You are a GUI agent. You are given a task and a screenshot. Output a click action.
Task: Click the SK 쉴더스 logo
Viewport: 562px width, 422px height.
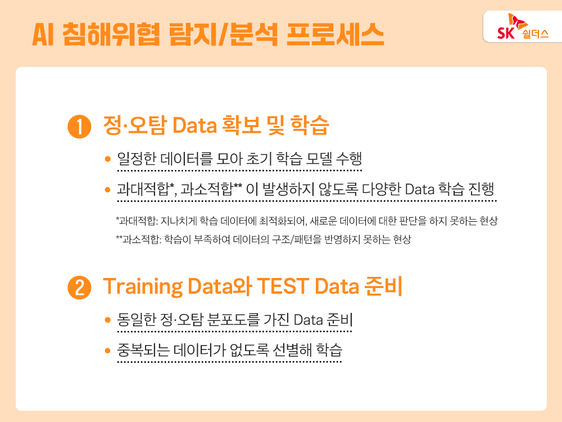(x=523, y=27)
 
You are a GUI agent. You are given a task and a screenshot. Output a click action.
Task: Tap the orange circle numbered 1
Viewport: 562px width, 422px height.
(x=79, y=127)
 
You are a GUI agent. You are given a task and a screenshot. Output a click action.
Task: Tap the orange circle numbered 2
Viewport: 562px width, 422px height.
(x=79, y=288)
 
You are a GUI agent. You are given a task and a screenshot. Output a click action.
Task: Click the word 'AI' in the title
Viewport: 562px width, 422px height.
(x=43, y=35)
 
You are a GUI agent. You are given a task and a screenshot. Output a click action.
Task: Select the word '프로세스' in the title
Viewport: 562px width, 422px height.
(x=335, y=34)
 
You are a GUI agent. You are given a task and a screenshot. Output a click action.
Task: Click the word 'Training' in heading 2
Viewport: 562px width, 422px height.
(x=143, y=287)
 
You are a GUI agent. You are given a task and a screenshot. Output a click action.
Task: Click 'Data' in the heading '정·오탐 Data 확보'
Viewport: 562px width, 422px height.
(x=194, y=125)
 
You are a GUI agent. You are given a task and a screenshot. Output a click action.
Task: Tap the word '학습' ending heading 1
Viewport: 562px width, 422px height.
(x=310, y=125)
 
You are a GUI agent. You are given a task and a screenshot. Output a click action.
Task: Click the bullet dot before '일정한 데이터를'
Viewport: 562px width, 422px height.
(x=107, y=159)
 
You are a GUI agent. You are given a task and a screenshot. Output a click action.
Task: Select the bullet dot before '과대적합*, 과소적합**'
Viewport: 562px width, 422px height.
(x=107, y=190)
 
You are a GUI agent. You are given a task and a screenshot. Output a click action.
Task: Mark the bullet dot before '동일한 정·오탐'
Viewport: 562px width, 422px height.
(x=107, y=320)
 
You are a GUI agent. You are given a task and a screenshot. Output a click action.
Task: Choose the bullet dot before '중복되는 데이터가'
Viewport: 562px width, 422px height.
(x=107, y=350)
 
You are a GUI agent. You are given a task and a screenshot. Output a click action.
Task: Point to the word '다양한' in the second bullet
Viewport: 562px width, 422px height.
(x=382, y=188)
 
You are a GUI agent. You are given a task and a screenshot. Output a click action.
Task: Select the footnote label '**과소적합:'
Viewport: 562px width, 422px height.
(x=139, y=239)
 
